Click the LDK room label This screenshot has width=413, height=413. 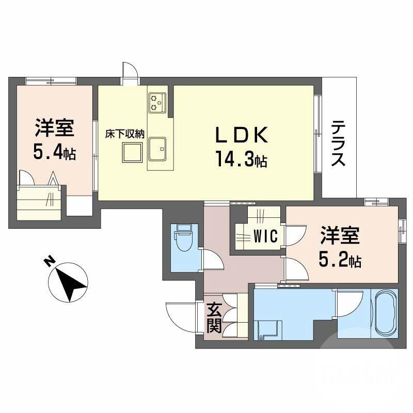tap(241, 136)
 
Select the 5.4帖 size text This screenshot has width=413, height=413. tap(54, 151)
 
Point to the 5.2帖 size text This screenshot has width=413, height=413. tap(339, 260)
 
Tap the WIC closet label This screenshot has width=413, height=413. tap(266, 236)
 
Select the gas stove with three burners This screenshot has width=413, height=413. tap(156, 102)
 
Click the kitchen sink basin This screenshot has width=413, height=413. tap(157, 149)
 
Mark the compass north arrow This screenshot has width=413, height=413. tap(69, 282)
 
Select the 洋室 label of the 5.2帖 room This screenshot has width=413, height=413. tap(339, 237)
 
